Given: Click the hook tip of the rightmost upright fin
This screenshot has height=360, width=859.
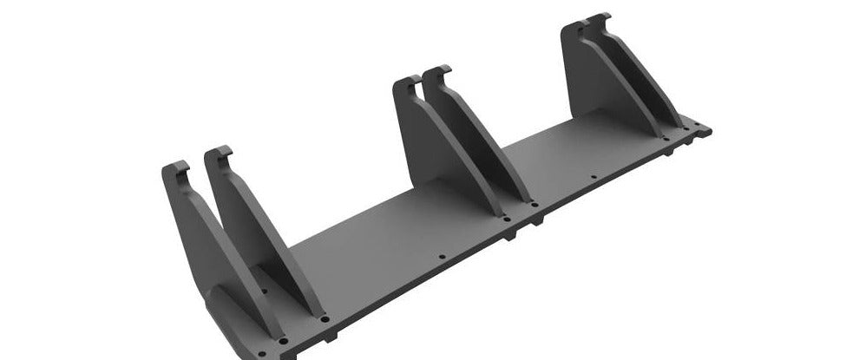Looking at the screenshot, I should (x=599, y=18).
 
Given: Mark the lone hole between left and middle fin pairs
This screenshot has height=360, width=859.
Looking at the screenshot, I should (x=442, y=257).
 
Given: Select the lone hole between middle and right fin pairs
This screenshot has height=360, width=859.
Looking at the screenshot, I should (x=593, y=178).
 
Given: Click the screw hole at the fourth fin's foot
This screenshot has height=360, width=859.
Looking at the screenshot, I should (x=534, y=205).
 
